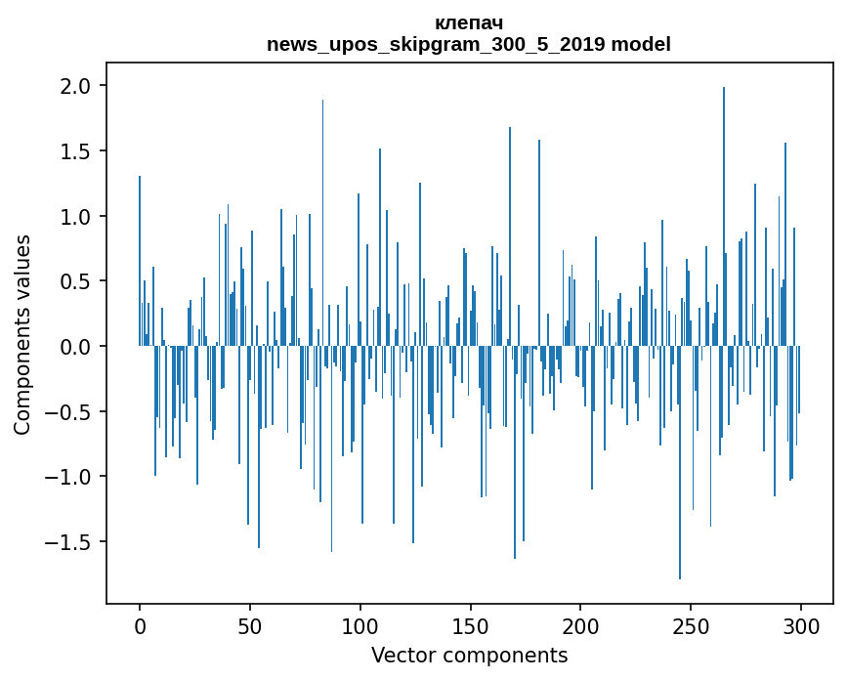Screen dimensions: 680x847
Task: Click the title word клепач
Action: (469, 22)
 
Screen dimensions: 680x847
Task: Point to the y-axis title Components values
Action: (21, 334)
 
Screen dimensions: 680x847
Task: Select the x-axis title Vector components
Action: (469, 655)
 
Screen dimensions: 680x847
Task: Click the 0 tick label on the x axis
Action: (140, 625)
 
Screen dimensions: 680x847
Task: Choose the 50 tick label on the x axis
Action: (250, 625)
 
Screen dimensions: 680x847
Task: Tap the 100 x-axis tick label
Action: (360, 625)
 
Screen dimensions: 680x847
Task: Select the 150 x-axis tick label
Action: (471, 625)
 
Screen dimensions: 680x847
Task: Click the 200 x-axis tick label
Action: (580, 625)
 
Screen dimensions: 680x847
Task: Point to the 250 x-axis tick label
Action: (691, 625)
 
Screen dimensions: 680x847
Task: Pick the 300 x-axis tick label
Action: (801, 625)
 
